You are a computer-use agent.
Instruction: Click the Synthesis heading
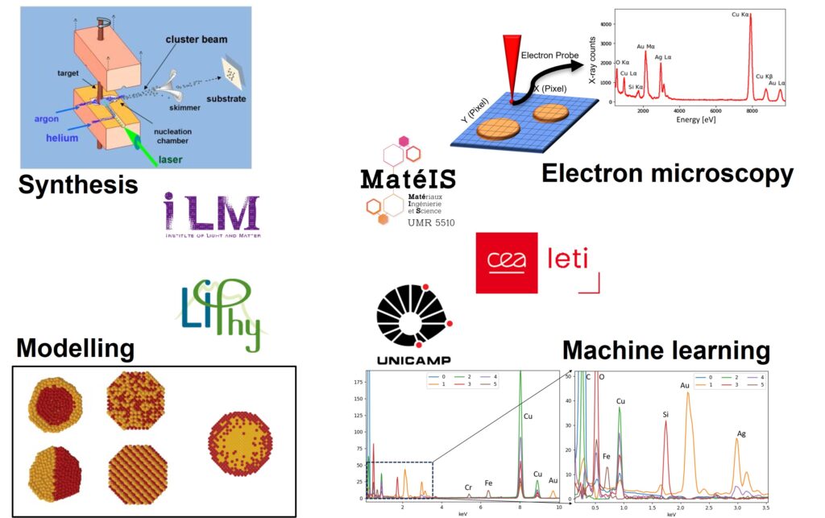(77, 185)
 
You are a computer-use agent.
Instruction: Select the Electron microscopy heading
(667, 172)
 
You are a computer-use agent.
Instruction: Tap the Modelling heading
(75, 348)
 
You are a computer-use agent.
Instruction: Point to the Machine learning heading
(665, 350)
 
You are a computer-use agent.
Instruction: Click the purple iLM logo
(212, 216)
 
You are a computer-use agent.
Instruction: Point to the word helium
(61, 138)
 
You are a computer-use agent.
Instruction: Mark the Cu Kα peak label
(740, 15)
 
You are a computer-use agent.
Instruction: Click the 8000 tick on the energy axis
(751, 112)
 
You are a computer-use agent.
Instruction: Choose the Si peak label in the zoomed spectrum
(665, 415)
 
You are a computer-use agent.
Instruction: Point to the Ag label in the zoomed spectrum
(741, 434)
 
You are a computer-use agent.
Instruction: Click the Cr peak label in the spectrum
(468, 487)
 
